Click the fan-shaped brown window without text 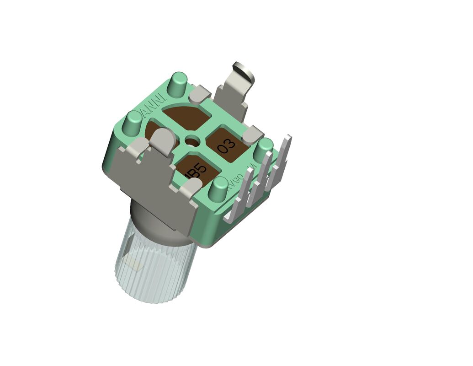185,116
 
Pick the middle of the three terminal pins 262,176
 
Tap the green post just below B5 218,188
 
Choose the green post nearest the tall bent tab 178,84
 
